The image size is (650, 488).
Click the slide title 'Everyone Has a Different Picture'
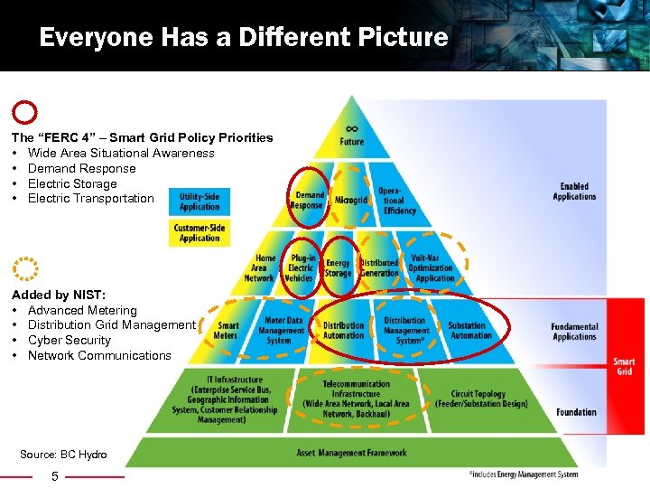[x=244, y=38]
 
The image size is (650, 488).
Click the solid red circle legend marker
[x=26, y=112]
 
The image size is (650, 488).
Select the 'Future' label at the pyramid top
[x=352, y=141]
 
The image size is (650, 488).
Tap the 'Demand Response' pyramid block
[x=309, y=200]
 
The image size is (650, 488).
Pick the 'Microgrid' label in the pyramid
[x=350, y=199]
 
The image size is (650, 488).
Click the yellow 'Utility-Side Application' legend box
[x=199, y=201]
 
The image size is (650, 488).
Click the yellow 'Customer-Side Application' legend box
[x=199, y=233]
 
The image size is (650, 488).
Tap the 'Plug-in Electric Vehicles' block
[x=301, y=268]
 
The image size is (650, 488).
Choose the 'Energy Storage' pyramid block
[x=339, y=268]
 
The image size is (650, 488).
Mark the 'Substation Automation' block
[x=470, y=331]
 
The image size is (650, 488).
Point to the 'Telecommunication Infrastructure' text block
[x=356, y=399]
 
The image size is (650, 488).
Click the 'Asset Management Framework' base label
[x=351, y=453]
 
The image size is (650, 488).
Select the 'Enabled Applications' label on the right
[x=575, y=192]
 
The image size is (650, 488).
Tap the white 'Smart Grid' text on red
[x=624, y=366]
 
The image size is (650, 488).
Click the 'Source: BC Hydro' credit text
[x=63, y=455]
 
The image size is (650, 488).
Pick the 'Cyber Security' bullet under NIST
[x=70, y=340]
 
